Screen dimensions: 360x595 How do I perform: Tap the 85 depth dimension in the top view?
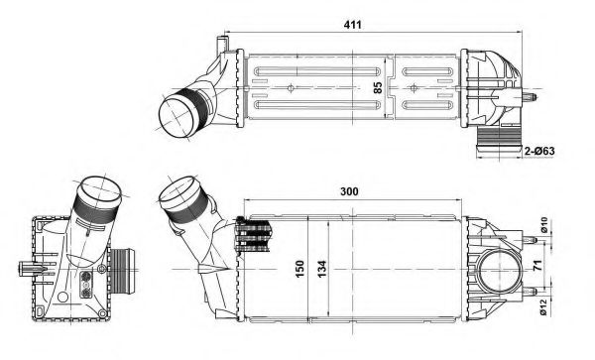tap(376, 88)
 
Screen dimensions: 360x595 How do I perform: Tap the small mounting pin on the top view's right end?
tap(532, 97)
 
